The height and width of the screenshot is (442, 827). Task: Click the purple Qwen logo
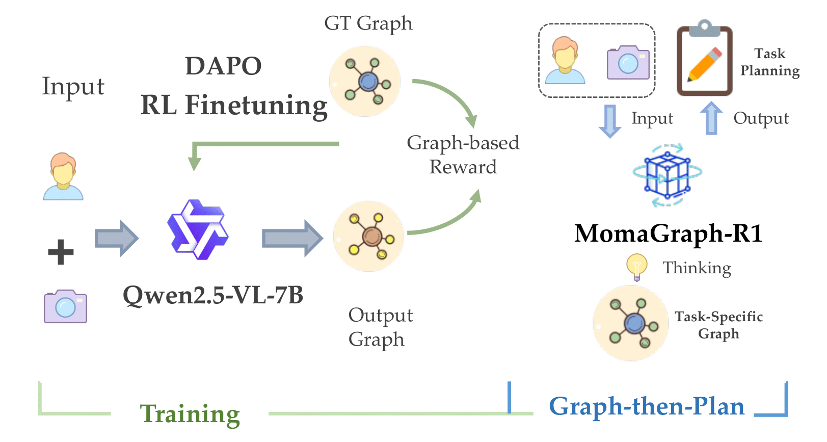198,229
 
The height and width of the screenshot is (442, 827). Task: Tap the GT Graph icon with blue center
365,82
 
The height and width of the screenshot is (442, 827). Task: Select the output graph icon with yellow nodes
369,236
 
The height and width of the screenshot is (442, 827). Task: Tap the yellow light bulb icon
636,267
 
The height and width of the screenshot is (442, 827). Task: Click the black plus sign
61,252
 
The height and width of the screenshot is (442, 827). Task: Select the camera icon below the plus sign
65,306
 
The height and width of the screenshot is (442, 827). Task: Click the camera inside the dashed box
628,63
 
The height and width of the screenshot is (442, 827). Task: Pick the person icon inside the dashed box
565,60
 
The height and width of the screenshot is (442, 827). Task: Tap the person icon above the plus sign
63,176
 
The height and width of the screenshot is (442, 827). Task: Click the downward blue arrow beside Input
610,120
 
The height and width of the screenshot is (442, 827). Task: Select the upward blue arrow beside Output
711,118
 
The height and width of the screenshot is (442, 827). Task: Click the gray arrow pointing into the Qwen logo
117,238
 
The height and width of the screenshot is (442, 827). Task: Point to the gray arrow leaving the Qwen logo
292,238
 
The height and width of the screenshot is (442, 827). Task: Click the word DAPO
223,66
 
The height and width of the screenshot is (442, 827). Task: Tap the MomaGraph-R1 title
668,233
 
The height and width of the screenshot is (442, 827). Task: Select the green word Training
190,414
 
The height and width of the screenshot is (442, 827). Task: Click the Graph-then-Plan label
647,406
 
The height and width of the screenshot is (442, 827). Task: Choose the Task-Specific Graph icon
631,323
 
